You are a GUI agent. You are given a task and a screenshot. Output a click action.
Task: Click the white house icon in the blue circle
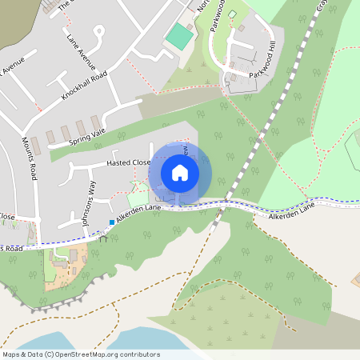coord(180,172)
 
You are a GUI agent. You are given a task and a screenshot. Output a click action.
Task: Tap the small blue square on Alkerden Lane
coord(111,222)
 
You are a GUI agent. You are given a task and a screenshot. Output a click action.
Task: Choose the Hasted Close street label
coord(128,162)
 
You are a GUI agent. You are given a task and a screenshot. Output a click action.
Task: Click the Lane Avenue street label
coord(82,50)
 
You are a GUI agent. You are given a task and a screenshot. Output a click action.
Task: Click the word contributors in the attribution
coord(136,354)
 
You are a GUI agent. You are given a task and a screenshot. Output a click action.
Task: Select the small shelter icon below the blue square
coord(103,238)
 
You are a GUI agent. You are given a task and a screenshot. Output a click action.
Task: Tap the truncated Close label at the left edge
coord(7,217)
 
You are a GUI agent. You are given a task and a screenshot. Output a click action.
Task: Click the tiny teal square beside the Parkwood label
coord(233,14)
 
